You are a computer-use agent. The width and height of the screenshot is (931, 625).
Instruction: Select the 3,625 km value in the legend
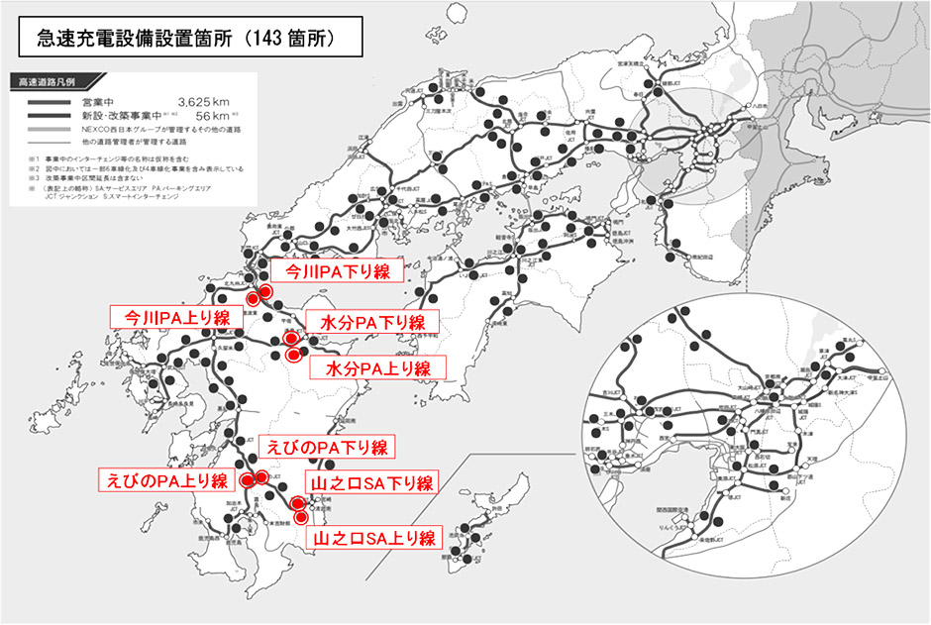(202, 101)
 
